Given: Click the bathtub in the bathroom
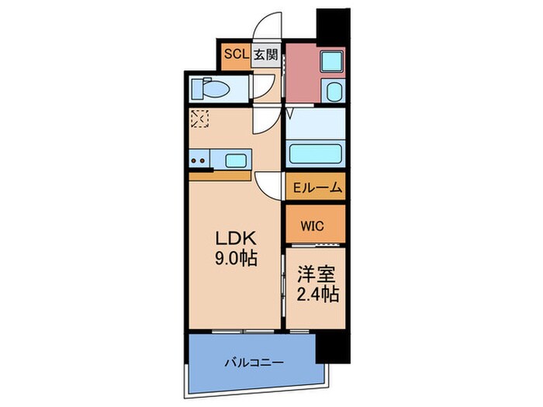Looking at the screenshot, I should coord(315,152).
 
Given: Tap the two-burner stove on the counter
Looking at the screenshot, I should coord(199,161).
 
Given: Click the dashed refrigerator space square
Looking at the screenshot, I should coord(200,119).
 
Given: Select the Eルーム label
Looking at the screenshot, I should coord(314,188).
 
